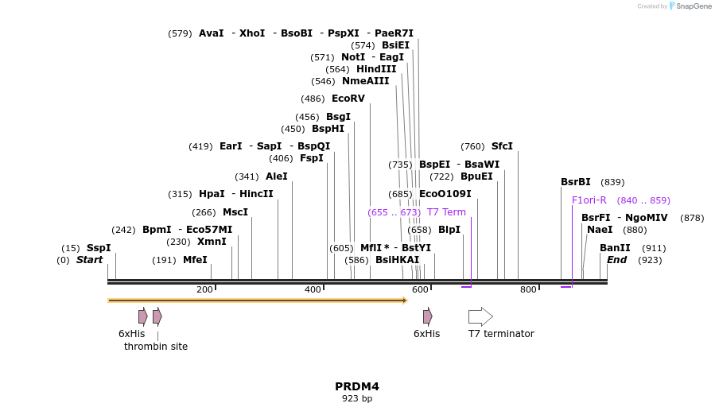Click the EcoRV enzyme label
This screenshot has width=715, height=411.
(348, 99)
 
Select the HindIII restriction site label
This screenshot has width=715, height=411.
(375, 69)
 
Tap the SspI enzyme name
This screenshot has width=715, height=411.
(99, 248)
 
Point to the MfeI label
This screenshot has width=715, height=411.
(195, 260)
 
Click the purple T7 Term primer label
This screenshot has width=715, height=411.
(446, 212)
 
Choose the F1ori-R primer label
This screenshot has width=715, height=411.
(589, 200)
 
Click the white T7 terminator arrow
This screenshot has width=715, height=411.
(480, 316)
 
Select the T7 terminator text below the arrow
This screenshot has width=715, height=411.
(501, 334)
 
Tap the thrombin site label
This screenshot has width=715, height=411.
(156, 347)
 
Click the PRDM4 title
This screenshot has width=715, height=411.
(357, 386)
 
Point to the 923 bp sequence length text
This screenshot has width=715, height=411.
(357, 398)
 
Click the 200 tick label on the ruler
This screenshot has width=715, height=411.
(204, 289)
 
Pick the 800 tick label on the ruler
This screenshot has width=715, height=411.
(528, 289)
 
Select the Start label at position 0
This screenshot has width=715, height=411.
(89, 260)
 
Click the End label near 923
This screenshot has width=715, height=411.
(617, 260)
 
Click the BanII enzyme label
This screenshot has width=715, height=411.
(615, 248)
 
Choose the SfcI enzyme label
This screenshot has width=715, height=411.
(502, 146)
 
